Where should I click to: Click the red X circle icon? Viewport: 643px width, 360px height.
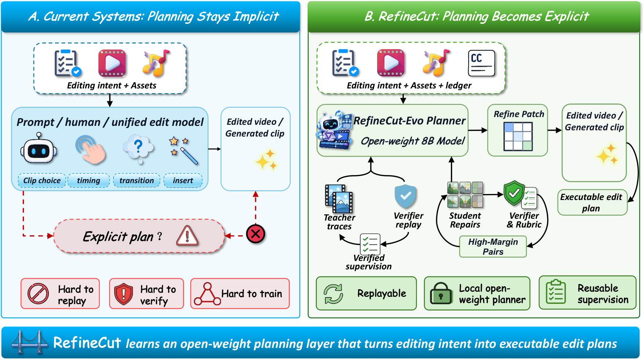click(x=256, y=234)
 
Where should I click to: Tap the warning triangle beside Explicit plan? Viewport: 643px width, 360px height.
click(x=187, y=236)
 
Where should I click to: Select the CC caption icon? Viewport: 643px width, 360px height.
click(x=481, y=63)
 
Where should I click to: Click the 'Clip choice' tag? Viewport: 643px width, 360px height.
click(x=42, y=181)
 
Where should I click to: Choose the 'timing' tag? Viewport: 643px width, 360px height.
click(x=88, y=181)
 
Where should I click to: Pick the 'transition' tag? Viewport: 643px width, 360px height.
click(x=137, y=181)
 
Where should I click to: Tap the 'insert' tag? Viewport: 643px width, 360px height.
click(x=183, y=181)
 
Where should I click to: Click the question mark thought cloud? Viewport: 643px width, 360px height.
click(x=138, y=149)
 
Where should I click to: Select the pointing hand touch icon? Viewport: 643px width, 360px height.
click(x=90, y=150)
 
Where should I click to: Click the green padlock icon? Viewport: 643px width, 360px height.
click(x=441, y=294)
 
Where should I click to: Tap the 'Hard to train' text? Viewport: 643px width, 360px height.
click(x=252, y=294)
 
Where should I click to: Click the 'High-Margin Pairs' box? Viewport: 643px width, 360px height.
click(x=493, y=247)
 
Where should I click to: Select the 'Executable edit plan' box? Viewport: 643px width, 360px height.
click(x=592, y=202)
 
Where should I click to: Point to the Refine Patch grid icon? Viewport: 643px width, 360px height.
click(x=518, y=137)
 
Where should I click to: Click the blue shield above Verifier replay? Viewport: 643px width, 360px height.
click(x=405, y=196)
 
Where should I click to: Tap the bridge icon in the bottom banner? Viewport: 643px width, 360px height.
click(x=29, y=342)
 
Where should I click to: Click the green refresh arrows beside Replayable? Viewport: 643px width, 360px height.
click(x=333, y=294)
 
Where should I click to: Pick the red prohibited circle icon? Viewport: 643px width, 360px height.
click(x=38, y=294)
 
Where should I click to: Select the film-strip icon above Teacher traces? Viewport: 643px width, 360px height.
click(x=339, y=199)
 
